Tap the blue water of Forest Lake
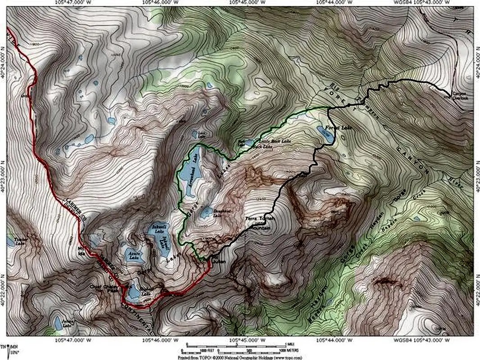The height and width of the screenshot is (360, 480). click(325, 133)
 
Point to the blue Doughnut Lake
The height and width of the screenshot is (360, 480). click(207, 212)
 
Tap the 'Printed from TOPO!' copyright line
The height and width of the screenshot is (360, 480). click(240, 356)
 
